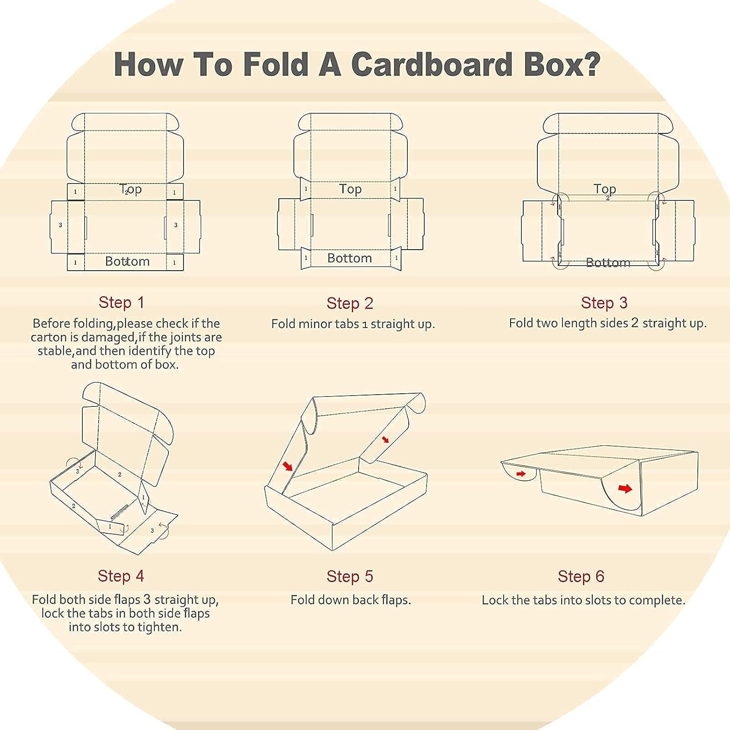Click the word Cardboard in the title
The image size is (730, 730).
pos(431,64)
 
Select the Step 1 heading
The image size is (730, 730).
pos(122,302)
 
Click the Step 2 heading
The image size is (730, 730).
pos(350,303)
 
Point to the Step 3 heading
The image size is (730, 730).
pos(604,303)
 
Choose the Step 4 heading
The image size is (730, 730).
pos(121,576)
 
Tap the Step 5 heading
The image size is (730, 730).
pos(350,576)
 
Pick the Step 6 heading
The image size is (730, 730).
pos(581,576)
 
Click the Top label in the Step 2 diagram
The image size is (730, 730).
pos(350,189)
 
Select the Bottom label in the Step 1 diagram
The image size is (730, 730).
pos(128,261)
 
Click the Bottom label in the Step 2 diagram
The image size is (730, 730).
pos(349,258)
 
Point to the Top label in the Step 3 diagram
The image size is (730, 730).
pos(605,188)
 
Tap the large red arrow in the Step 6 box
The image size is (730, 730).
pos(625,489)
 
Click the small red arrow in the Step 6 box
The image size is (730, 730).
pos(521,474)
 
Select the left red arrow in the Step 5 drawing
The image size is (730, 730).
pos(288,466)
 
